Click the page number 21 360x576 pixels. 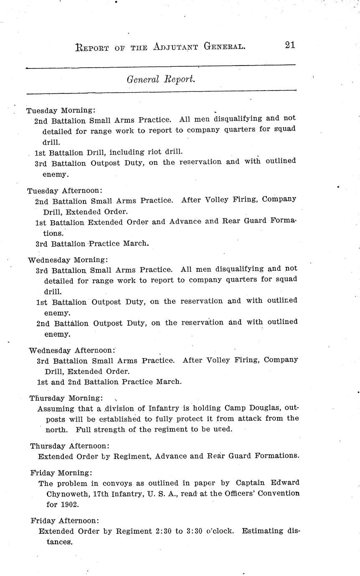pyautogui.click(x=290, y=45)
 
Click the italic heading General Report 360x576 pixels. pyautogui.click(x=161, y=79)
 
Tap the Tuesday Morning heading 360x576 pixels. pyautogui.click(x=61, y=111)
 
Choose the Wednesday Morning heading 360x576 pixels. pyautogui.click(x=68, y=260)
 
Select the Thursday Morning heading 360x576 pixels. pyautogui.click(x=66, y=398)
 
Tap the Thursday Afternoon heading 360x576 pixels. pyautogui.click(x=70, y=446)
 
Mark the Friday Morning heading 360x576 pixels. pyautogui.click(x=61, y=473)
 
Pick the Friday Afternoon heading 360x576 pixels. pyautogui.click(x=65, y=520)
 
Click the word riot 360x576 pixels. pyautogui.click(x=154, y=152)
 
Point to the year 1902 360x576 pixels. pyautogui.click(x=70, y=504)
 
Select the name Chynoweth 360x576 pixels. pyautogui.click(x=65, y=493)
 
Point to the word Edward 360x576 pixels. pyautogui.click(x=285, y=483)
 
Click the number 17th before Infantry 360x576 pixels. pyautogui.click(x=101, y=493)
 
